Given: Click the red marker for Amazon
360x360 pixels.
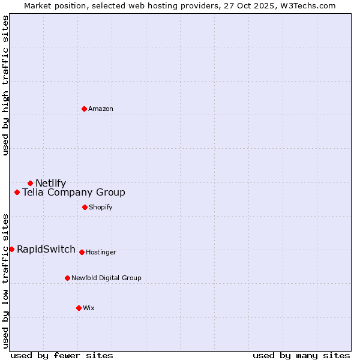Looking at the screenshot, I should [85, 109].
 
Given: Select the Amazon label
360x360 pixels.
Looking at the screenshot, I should [101, 109].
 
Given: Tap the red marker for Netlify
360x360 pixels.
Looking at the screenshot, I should [30, 183].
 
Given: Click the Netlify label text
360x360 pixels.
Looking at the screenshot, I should [51, 184].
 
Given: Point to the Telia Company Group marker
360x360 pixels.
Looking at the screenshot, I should [17, 193].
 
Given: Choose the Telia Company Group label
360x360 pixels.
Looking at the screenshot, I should [74, 193].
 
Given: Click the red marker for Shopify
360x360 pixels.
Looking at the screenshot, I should [85, 207].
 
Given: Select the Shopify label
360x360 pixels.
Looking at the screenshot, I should [101, 207].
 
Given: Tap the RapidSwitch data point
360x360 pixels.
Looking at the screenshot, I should [11, 249].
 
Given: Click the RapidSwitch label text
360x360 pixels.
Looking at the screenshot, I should [46, 250].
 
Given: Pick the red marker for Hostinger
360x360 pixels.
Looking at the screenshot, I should [82, 252].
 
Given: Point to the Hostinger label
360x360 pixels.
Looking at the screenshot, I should [101, 252].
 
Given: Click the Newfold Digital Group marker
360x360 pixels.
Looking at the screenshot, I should [67, 278].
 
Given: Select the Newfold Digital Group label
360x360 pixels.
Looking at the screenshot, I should [106, 278].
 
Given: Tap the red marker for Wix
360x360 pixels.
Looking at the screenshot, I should [79, 308].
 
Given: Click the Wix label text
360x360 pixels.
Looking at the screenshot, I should [89, 308].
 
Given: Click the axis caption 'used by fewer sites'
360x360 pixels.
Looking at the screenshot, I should [62, 355].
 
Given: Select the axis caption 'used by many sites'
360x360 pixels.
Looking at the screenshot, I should [301, 355].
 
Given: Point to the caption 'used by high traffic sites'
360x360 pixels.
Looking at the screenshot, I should [6, 85].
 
